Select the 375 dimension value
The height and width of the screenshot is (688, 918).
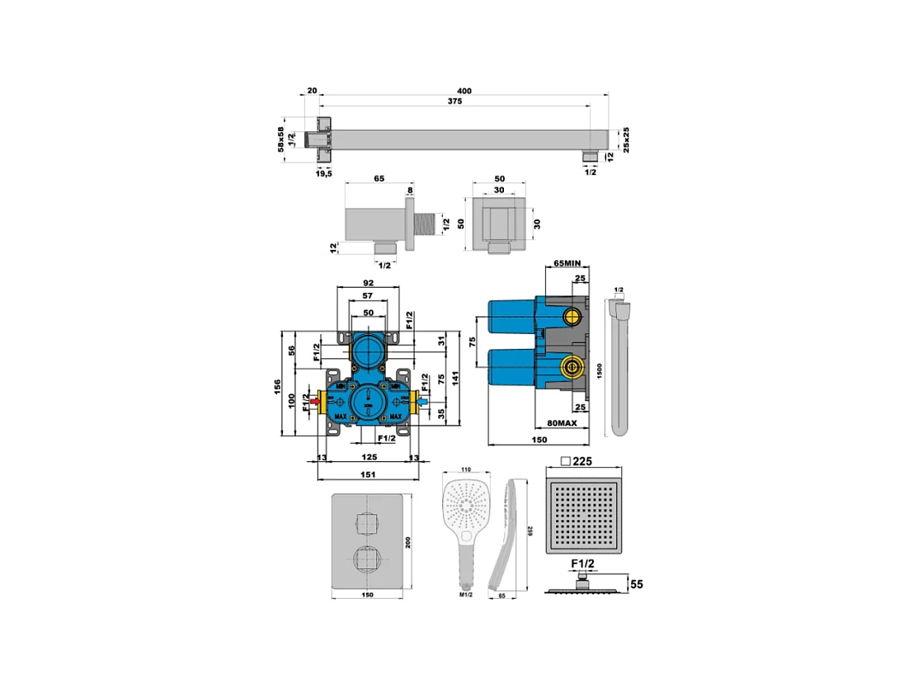click(x=454, y=101)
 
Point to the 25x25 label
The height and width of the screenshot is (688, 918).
click(x=627, y=139)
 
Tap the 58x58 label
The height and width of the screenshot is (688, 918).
click(x=280, y=139)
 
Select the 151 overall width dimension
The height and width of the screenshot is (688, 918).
click(x=369, y=474)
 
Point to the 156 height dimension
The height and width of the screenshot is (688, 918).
click(x=279, y=386)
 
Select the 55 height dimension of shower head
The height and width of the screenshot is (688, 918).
click(x=636, y=584)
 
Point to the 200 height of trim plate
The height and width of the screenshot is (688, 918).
click(x=418, y=541)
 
